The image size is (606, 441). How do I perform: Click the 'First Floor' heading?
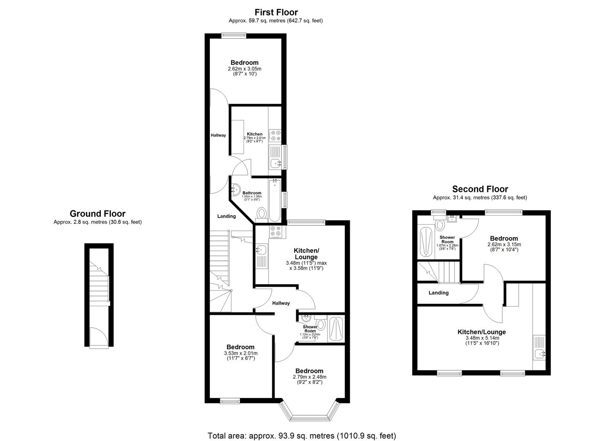click(x=276, y=12)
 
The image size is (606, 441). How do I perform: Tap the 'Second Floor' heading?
click(x=480, y=189)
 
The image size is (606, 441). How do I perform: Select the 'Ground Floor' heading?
click(x=98, y=214)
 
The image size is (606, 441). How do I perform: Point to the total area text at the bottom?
click(x=302, y=436)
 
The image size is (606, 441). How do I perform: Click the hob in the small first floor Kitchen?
click(x=275, y=135)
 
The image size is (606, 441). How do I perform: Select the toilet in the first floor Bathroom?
click(x=262, y=213)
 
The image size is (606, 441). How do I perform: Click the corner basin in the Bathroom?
click(x=235, y=189)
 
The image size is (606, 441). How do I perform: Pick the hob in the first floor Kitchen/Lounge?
click(x=275, y=232)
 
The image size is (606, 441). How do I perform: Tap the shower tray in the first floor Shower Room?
click(x=337, y=329)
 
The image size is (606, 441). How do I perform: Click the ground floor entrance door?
click(x=99, y=338)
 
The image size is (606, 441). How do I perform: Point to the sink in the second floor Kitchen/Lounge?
click(x=539, y=354)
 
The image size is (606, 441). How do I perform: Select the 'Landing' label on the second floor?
click(x=439, y=293)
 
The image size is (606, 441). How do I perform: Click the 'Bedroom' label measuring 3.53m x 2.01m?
click(x=240, y=347)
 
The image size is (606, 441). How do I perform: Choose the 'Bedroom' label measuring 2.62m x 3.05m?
click(x=244, y=62)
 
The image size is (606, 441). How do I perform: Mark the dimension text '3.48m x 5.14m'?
click(x=482, y=338)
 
